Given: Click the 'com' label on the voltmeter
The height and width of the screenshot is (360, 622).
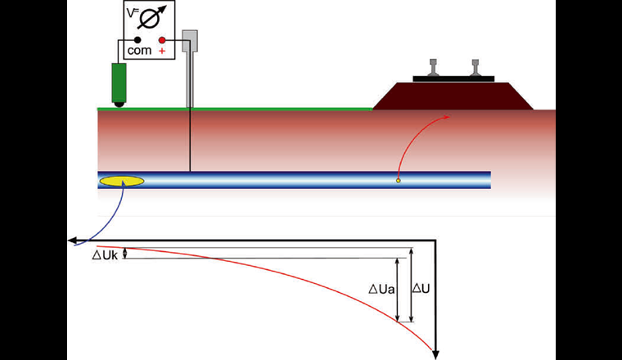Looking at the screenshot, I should click(137, 51).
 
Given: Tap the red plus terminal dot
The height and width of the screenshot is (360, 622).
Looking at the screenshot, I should click(162, 39).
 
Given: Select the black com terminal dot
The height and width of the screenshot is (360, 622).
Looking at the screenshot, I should click(137, 39).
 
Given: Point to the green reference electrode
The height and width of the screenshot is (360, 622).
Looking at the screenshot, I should click(119, 82).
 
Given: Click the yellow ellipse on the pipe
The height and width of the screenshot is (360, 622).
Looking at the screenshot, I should click(121, 181).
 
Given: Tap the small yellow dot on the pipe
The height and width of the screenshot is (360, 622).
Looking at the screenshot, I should click(398, 180).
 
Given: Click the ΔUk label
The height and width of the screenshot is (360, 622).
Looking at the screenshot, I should click(104, 254).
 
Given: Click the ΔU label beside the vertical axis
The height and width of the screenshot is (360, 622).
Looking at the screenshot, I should click(421, 288).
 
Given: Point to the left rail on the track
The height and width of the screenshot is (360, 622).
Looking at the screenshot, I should click(432, 69).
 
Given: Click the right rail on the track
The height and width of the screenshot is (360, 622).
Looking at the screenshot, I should click(475, 69).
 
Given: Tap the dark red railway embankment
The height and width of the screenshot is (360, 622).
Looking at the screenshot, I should click(452, 95).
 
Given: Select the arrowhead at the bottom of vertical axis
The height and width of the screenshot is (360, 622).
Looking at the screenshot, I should click(436, 353).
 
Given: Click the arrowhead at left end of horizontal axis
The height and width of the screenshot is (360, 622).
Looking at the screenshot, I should click(73, 241).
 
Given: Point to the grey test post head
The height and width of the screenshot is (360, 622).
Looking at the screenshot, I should click(190, 38).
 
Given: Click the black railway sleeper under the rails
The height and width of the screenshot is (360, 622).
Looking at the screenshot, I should click(453, 79).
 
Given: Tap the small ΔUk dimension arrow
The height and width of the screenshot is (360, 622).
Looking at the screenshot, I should click(125, 254).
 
